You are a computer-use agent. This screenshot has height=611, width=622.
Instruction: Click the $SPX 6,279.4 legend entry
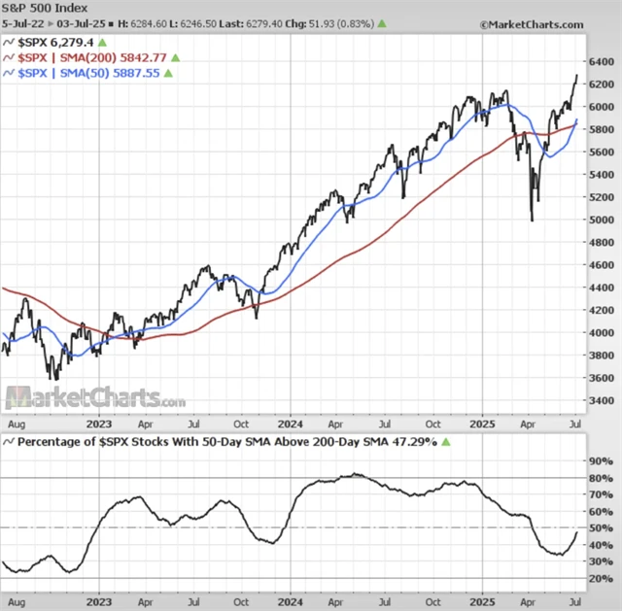pos(54,43)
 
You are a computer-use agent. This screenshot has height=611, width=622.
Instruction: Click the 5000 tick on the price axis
pos(602,220)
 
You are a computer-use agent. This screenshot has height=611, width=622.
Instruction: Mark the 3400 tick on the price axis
pos(602,400)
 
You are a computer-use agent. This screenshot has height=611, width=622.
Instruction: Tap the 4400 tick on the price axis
pos(602,288)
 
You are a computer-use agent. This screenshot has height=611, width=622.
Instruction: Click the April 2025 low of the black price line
pos(531,220)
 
